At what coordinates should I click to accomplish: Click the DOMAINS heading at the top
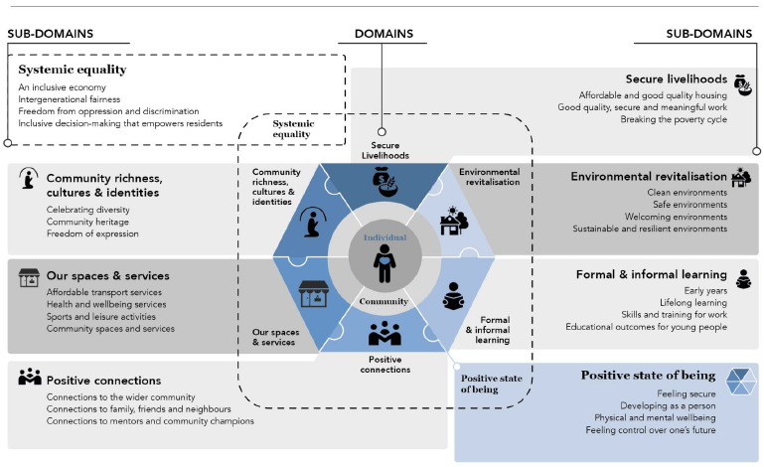pyautogui.click(x=383, y=34)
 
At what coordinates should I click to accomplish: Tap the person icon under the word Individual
pyautogui.click(x=384, y=263)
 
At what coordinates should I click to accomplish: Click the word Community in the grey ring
pyautogui.click(x=383, y=301)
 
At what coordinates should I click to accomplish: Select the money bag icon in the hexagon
pyautogui.click(x=384, y=182)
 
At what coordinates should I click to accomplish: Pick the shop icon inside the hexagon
pyautogui.click(x=313, y=293)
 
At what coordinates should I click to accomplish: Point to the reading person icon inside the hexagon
pyautogui.click(x=453, y=296)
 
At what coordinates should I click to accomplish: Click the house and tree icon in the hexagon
pyautogui.click(x=454, y=221)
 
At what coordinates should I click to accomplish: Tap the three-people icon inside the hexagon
pyautogui.click(x=384, y=333)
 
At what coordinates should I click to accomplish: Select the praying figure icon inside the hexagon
pyautogui.click(x=313, y=222)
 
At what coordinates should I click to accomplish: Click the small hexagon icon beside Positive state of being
pyautogui.click(x=740, y=382)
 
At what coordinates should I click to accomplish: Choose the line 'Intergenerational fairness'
pyautogui.click(x=70, y=99)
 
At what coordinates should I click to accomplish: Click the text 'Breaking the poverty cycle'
pyautogui.click(x=674, y=119)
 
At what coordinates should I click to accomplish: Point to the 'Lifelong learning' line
pyautogui.click(x=693, y=303)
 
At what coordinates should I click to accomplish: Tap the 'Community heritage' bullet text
pyautogui.click(x=87, y=222)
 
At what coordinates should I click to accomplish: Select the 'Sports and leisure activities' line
pyautogui.click(x=101, y=316)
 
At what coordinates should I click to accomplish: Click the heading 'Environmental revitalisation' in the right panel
pyautogui.click(x=649, y=177)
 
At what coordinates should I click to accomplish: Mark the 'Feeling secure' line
pyautogui.click(x=687, y=393)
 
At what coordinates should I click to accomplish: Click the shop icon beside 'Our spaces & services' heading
pyautogui.click(x=29, y=277)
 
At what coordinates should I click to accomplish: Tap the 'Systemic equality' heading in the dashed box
pyautogui.click(x=73, y=70)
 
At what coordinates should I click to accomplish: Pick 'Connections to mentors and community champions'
pyautogui.click(x=150, y=421)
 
